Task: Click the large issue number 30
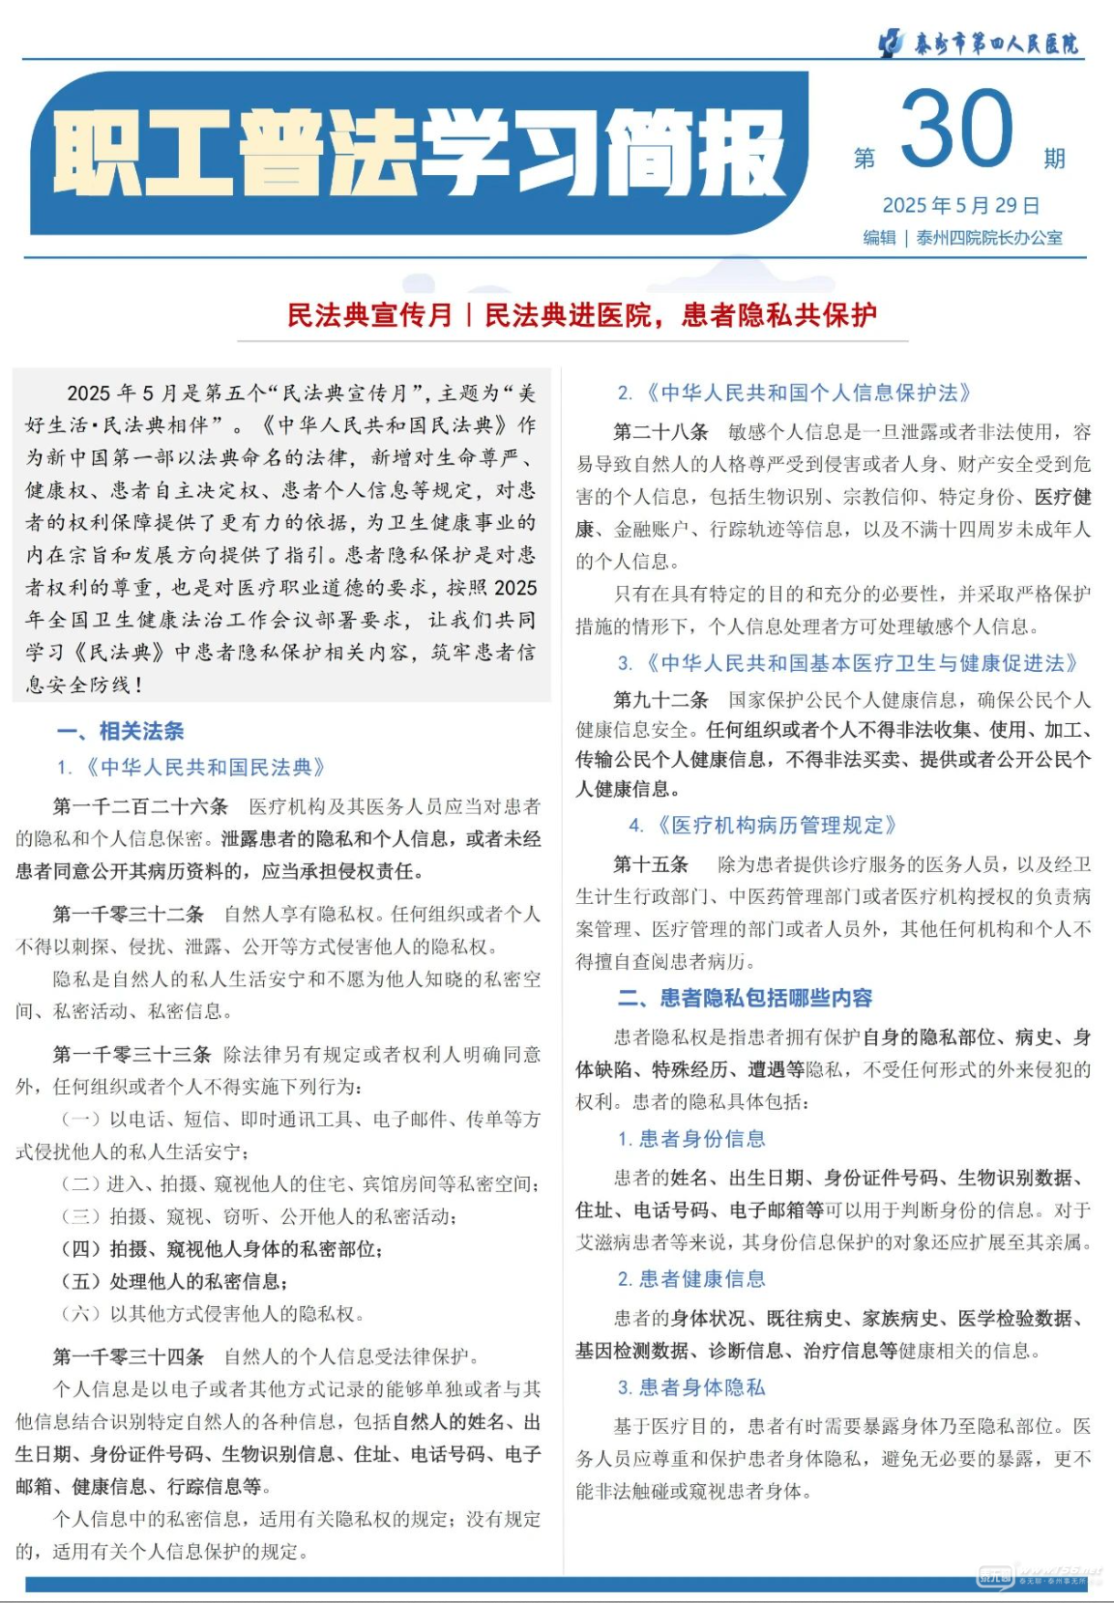956,130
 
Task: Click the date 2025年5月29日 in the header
960,205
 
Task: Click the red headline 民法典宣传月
369,315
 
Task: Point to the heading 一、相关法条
120,731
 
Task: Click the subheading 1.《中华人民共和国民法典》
191,768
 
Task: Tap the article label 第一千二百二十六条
140,806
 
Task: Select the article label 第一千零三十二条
129,914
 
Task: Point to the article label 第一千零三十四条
129,1356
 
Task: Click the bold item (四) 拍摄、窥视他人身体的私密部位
221,1249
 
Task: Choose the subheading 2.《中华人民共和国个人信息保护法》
795,393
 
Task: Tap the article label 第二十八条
660,431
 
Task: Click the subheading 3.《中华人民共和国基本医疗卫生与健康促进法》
848,663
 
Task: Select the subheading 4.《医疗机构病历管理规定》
764,825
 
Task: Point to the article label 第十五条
651,863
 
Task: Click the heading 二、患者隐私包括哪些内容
745,998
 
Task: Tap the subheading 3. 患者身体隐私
691,1387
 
